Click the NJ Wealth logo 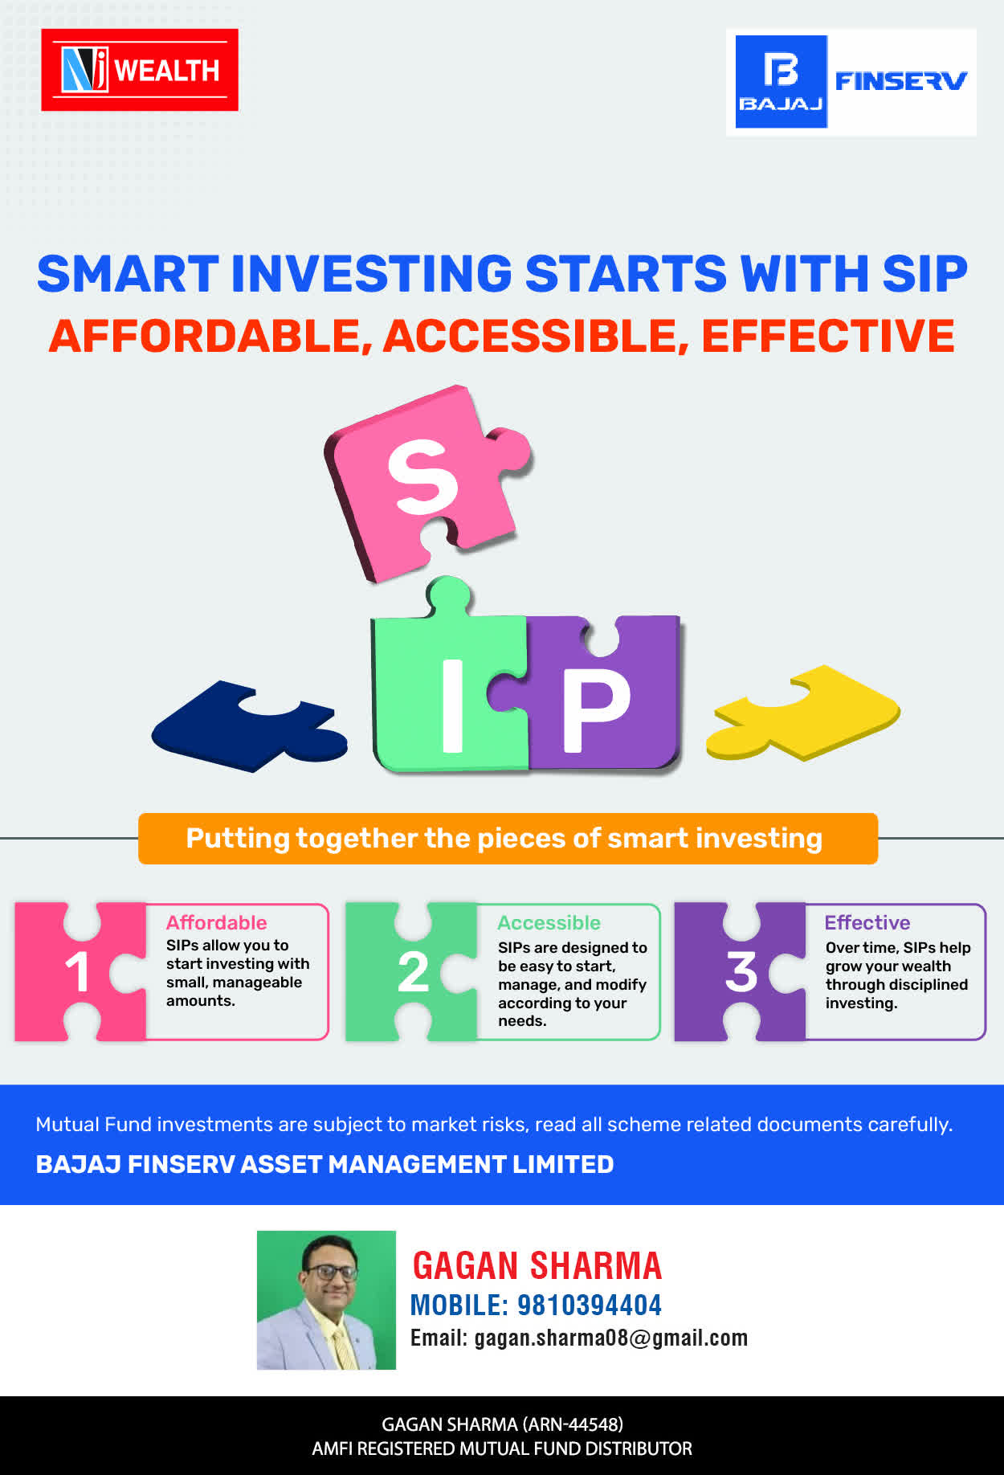click(140, 70)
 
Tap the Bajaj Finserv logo click(851, 82)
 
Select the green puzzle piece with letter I click(450, 683)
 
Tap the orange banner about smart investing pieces click(508, 839)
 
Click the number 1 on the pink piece click(77, 972)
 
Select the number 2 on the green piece click(414, 972)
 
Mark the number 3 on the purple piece click(741, 972)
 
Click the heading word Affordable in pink click(217, 923)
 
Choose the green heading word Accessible click(549, 923)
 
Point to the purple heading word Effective click(867, 923)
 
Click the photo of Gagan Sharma click(326, 1300)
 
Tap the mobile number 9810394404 click(590, 1305)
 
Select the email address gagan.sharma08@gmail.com click(611, 1338)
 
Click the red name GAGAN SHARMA click(537, 1266)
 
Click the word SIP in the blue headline click(924, 274)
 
